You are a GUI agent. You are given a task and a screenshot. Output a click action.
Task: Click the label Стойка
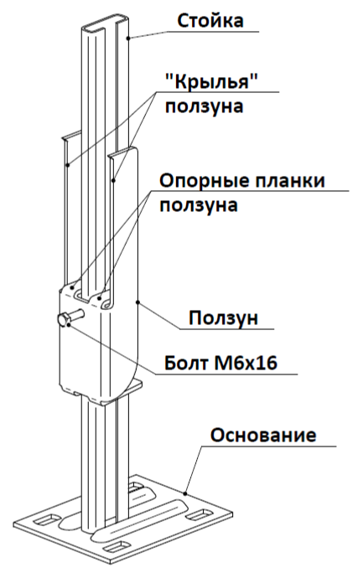pyautogui.click(x=210, y=21)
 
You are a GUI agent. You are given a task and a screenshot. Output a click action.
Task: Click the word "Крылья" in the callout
pyautogui.click(x=210, y=83)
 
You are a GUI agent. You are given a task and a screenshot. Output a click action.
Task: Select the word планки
pyautogui.click(x=290, y=181)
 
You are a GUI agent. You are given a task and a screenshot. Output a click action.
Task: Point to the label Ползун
pyautogui.click(x=224, y=317)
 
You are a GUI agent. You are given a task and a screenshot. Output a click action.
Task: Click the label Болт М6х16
pyautogui.click(x=220, y=364)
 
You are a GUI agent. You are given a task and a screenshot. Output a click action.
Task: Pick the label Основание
pyautogui.click(x=263, y=435)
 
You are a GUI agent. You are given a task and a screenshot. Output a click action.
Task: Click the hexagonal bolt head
pyautogui.click(x=64, y=320)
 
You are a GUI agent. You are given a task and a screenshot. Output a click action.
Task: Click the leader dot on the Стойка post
pyautogui.click(x=128, y=38)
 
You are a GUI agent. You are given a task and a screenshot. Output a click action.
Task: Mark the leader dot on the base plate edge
pyautogui.click(x=185, y=492)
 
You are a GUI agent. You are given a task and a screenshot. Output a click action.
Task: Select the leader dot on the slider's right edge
pyautogui.click(x=138, y=302)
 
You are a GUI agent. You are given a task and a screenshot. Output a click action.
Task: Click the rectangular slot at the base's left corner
pyautogui.click(x=45, y=519)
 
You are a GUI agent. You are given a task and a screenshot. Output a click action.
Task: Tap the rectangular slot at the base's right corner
pyautogui.click(x=200, y=513)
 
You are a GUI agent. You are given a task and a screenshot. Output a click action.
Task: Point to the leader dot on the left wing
pyautogui.click(x=68, y=164)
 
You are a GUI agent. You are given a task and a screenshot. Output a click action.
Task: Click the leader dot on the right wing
pyautogui.click(x=114, y=180)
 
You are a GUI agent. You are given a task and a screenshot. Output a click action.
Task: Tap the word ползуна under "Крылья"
pyautogui.click(x=204, y=107)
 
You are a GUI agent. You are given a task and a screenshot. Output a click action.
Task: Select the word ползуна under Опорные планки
pyautogui.click(x=199, y=205)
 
